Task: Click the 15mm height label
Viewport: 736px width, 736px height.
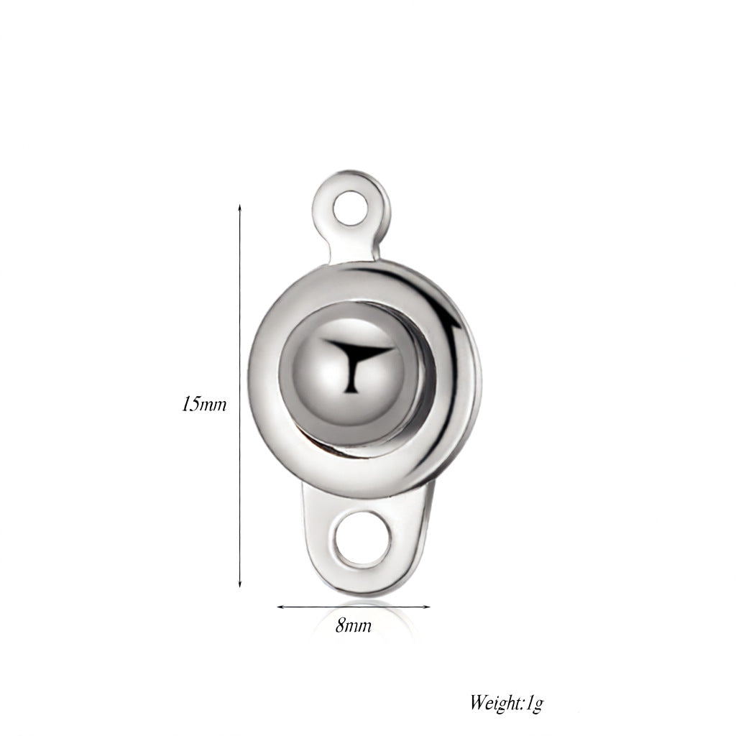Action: (204, 404)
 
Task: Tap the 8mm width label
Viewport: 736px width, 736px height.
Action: (354, 626)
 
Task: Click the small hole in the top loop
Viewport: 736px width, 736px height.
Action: (350, 208)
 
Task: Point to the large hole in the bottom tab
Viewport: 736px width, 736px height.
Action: (363, 538)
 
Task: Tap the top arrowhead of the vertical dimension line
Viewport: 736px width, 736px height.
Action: (240, 208)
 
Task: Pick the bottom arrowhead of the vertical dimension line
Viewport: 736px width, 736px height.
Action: (240, 584)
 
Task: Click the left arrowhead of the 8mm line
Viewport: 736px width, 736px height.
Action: (280, 607)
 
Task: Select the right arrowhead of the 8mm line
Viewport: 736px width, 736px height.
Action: (426, 607)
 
